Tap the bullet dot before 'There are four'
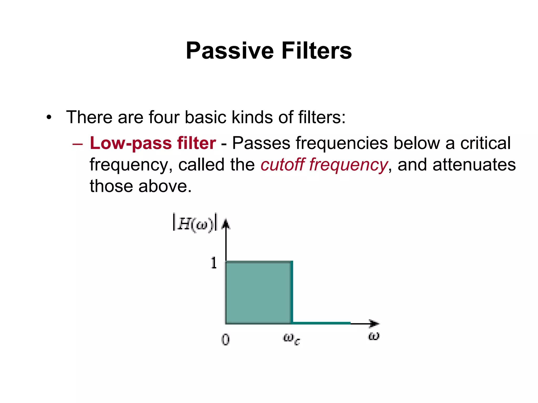(x=49, y=118)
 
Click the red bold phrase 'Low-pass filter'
(x=153, y=143)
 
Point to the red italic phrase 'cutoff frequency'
(x=324, y=165)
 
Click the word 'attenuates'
(x=474, y=165)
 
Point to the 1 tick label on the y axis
(x=214, y=263)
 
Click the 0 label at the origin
(x=225, y=340)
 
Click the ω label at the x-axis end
(x=374, y=336)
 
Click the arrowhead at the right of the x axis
(x=374, y=323)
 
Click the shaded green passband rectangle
(x=258, y=292)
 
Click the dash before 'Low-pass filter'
(x=77, y=144)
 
